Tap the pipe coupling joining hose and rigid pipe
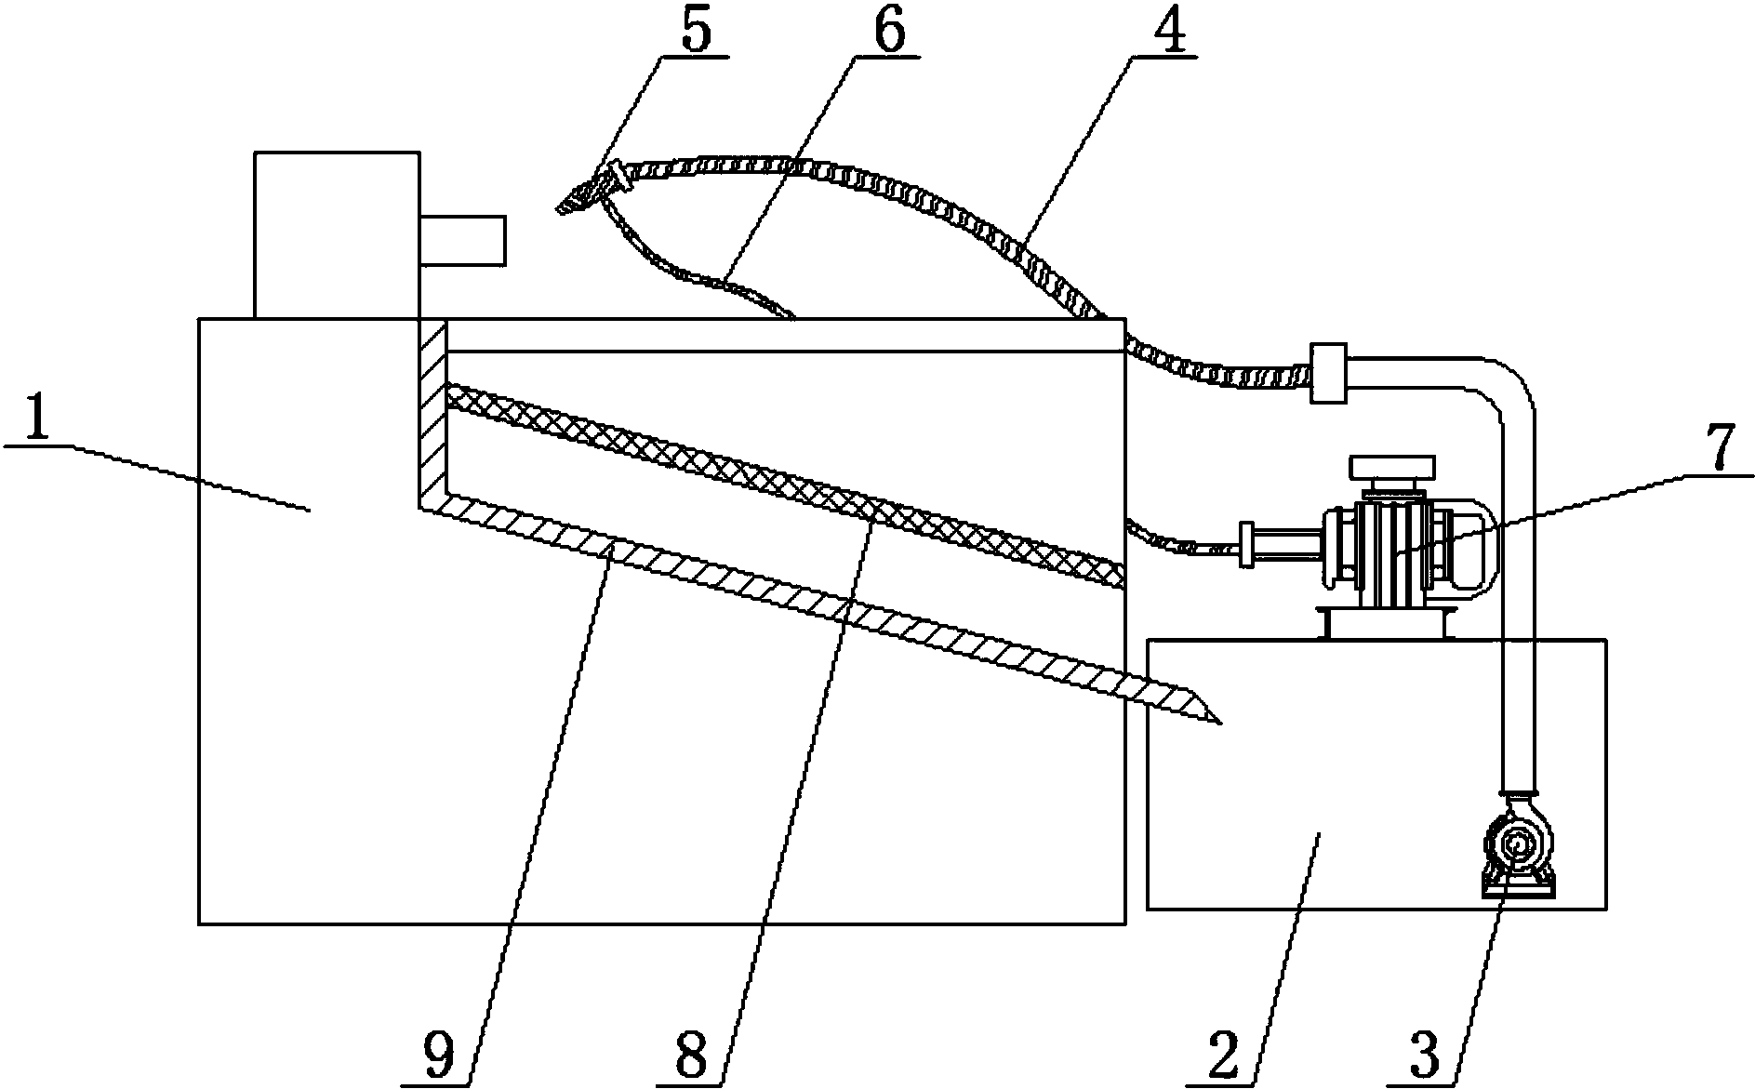click(1328, 373)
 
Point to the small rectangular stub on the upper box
click(462, 240)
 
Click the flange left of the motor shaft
click(1246, 545)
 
